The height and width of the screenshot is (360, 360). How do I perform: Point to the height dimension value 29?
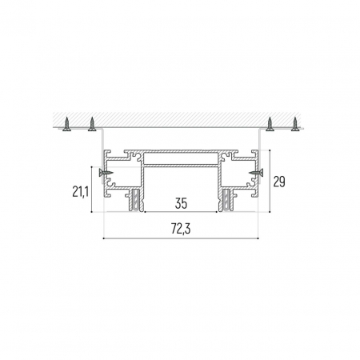point(279,182)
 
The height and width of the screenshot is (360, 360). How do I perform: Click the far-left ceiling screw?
point(67,124)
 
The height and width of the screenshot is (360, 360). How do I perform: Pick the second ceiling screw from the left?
point(92,124)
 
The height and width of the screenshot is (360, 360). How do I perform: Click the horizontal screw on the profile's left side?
point(106,170)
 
